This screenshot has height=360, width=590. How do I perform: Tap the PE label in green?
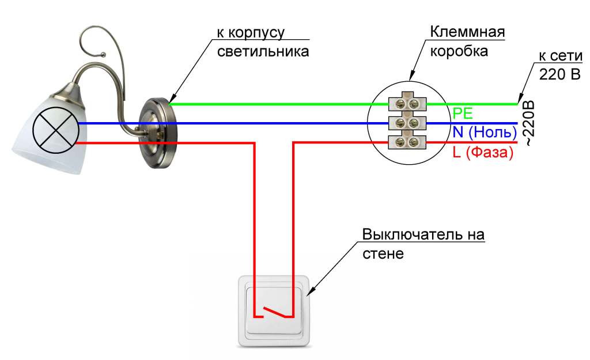462,112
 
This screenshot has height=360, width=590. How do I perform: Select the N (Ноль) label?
482,132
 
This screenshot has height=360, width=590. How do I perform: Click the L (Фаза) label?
482,154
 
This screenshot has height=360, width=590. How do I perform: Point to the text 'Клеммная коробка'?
468,41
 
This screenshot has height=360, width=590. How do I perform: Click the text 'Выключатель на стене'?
423,244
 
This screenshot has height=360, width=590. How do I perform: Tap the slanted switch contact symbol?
273,312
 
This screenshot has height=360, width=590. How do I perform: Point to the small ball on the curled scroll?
104,55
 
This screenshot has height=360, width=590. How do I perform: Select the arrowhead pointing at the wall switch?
309,294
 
